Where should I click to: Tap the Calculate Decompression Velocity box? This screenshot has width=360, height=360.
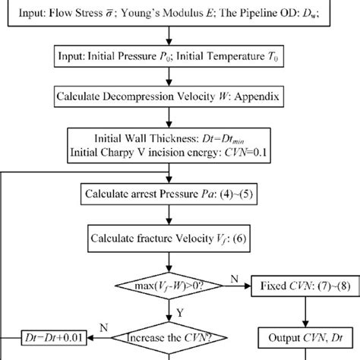click(179, 99)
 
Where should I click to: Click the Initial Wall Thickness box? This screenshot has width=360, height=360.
click(179, 145)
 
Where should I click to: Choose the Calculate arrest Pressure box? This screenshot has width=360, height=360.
click(179, 194)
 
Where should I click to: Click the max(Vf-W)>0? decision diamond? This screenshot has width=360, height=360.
click(179, 286)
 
